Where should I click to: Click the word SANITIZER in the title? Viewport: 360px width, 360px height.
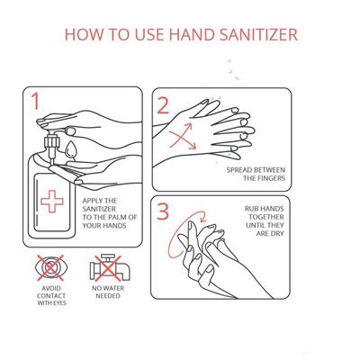click(258, 34)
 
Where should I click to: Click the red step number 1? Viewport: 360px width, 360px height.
click(36, 101)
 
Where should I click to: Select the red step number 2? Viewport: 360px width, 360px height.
click(163, 105)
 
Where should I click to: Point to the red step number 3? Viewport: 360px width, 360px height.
click(163, 211)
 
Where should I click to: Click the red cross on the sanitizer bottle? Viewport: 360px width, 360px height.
click(52, 202)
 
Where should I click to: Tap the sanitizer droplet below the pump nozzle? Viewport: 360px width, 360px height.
click(71, 149)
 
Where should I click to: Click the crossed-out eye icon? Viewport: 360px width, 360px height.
click(50, 267)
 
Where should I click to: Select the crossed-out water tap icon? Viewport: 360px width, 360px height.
click(110, 267)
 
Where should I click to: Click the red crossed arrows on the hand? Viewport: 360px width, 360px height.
click(183, 136)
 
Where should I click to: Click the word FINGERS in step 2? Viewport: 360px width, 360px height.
click(270, 178)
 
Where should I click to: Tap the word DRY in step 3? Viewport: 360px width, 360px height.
click(277, 233)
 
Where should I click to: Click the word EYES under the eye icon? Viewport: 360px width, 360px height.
click(59, 303)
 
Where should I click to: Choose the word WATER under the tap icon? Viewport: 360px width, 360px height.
click(113, 288)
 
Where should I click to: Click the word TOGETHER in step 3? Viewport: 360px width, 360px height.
click(266, 217)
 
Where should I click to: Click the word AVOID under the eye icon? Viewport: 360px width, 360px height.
click(51, 288)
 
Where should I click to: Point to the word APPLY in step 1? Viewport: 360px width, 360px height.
click(93, 201)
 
